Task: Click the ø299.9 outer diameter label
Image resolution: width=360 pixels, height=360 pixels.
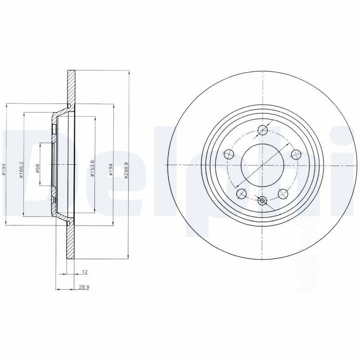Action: tap(127, 170)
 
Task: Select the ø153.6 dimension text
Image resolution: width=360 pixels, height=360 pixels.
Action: tap(92, 169)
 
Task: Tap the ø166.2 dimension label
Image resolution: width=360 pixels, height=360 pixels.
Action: tap(21, 170)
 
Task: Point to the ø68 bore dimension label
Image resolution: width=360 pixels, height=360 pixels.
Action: tap(38, 169)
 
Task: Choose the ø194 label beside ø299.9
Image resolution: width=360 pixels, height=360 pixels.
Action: tap(111, 170)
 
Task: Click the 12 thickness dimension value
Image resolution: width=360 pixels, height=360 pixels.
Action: tap(84, 272)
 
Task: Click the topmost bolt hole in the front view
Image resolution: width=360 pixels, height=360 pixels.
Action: tap(263, 131)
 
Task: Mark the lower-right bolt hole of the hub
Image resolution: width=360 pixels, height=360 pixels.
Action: tap(283, 193)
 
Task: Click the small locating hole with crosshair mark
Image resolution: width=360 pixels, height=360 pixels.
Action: tap(263, 201)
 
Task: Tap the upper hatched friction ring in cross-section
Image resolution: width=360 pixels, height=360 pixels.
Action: tap(71, 88)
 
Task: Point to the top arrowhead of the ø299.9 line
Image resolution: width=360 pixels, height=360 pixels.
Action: tap(130, 72)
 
